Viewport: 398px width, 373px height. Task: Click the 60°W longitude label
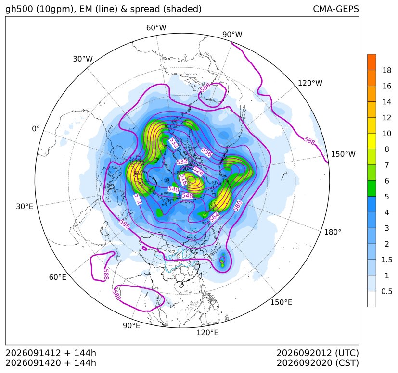tap(156, 28)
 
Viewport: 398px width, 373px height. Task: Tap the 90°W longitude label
tap(232, 35)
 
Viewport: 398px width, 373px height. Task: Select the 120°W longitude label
tap(310, 83)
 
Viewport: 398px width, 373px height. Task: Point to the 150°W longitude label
tap(343, 154)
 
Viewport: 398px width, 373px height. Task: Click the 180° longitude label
tap(333, 232)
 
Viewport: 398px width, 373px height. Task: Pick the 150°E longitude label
tap(281, 302)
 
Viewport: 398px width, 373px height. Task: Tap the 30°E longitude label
tap(25, 206)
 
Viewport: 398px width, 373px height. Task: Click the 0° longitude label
tap(36, 129)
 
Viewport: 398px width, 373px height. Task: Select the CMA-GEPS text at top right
tap(336, 9)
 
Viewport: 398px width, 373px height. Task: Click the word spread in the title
tap(143, 9)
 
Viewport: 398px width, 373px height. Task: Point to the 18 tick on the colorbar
tap(387, 70)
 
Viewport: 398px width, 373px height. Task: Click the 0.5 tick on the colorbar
tap(386, 291)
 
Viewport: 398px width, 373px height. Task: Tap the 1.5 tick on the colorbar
tap(386, 260)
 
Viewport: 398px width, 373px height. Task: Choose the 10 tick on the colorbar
tap(387, 133)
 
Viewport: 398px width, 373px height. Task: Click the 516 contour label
tap(183, 179)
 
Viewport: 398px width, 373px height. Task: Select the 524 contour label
tap(198, 171)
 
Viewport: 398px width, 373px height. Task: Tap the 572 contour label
tap(138, 199)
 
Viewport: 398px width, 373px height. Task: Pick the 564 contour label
tap(215, 217)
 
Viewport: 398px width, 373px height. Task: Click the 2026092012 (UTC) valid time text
tap(318, 353)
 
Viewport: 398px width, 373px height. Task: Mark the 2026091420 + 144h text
tap(51, 363)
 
